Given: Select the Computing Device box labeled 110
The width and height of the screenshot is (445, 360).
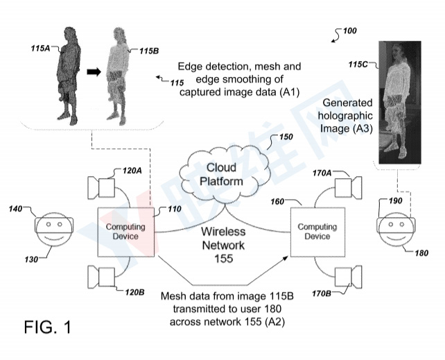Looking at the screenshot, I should coord(125,232).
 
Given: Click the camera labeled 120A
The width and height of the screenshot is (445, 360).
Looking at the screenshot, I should coord(105,187).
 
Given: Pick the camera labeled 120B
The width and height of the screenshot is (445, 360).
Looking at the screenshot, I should coord(105,277).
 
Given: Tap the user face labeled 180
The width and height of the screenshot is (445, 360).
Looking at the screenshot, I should coord(393,228).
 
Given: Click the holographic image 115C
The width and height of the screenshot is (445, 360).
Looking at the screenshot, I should coord(401,103).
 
